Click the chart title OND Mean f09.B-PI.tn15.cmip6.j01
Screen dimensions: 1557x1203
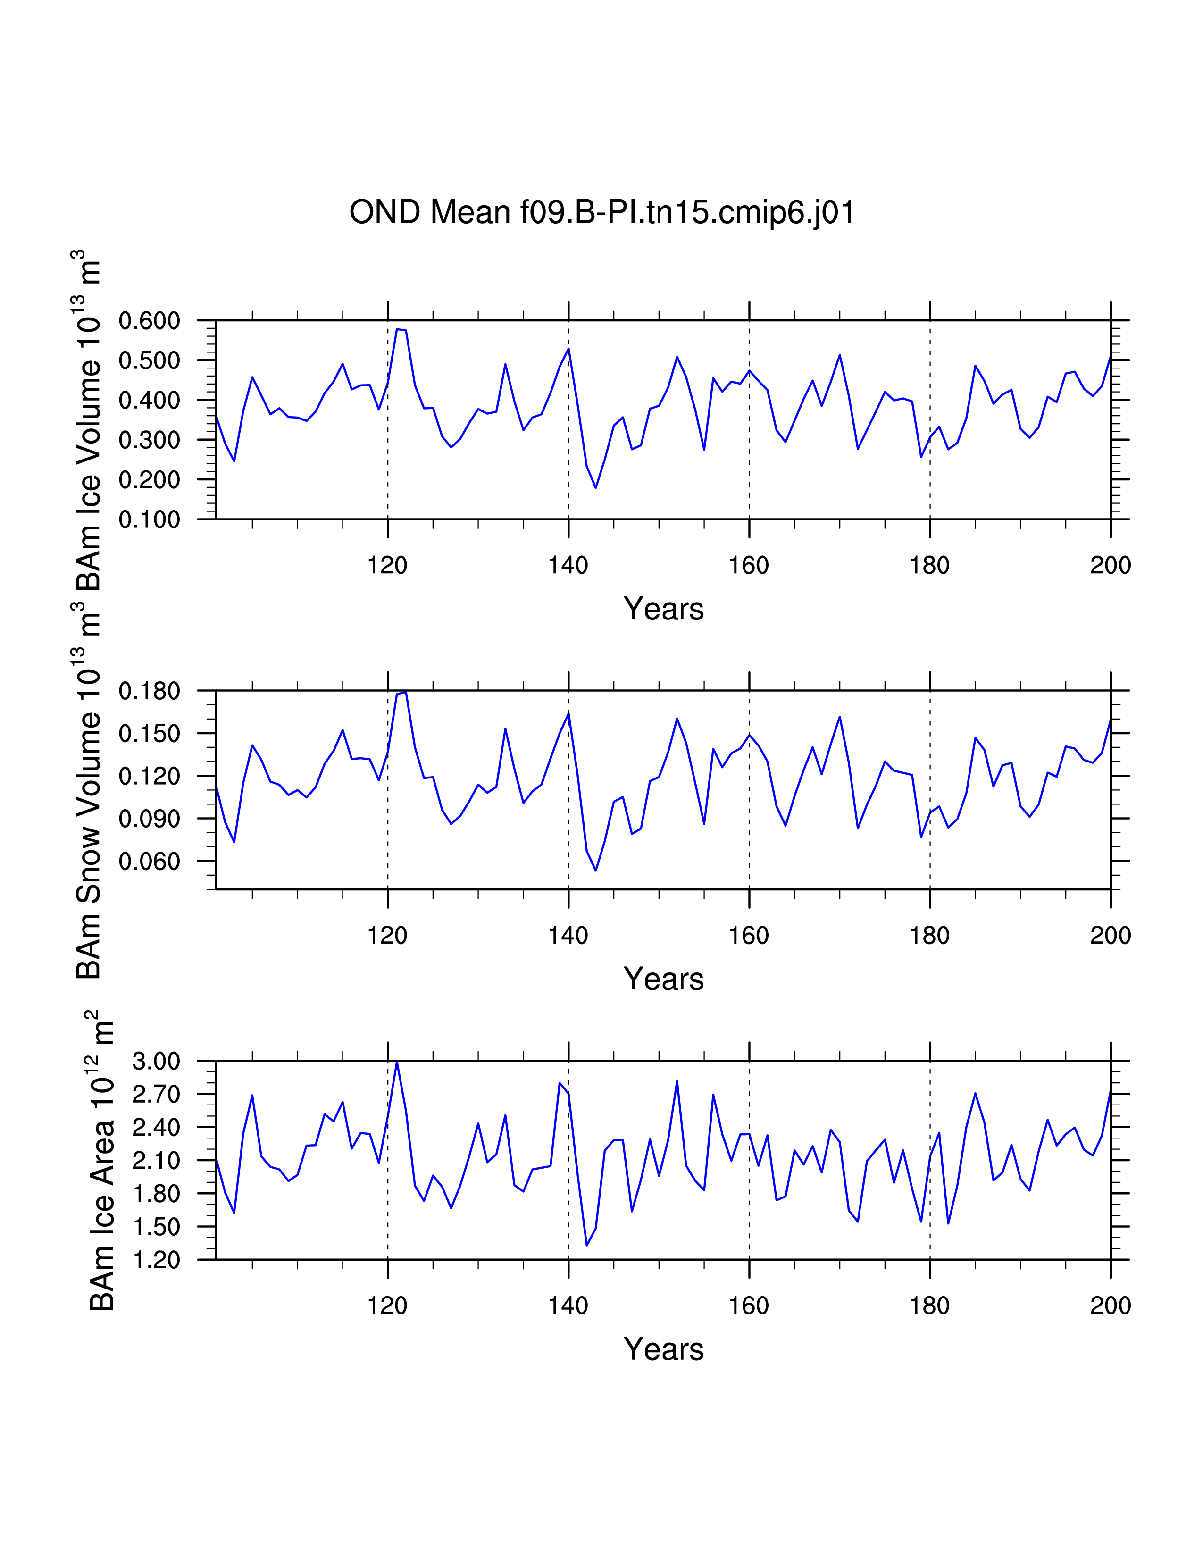(x=601, y=212)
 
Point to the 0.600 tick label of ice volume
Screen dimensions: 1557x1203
(x=149, y=321)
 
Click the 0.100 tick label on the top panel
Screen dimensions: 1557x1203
(x=149, y=520)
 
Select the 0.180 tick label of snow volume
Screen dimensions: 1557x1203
(x=149, y=691)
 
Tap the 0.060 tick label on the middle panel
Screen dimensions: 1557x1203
(x=149, y=861)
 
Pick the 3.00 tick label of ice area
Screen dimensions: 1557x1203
(x=156, y=1061)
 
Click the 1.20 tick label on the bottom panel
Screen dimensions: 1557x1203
(x=156, y=1260)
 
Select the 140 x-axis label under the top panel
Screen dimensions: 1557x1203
(x=568, y=565)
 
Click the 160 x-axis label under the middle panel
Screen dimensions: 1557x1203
(x=749, y=935)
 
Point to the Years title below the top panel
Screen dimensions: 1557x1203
(x=663, y=609)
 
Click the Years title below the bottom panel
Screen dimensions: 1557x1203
(x=663, y=1349)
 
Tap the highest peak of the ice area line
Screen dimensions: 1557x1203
(x=397, y=1062)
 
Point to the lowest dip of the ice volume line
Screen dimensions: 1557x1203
(x=596, y=488)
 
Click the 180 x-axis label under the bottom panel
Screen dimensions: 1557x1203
(x=929, y=1306)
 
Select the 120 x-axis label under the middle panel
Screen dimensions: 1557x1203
(x=387, y=935)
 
